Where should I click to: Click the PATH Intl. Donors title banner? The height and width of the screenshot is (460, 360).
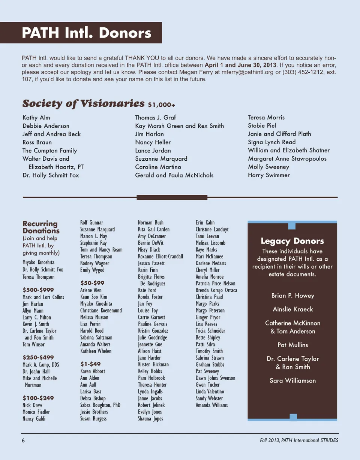[86, 33]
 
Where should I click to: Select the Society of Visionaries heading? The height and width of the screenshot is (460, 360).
[83, 103]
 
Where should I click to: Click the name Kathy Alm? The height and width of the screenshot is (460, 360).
[36, 118]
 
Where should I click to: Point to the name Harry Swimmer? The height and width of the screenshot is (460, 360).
[268, 175]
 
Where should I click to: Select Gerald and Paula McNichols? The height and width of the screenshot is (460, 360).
[174, 175]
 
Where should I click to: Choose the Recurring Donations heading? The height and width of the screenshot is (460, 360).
[40, 227]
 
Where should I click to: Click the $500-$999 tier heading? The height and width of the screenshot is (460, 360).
[38, 290]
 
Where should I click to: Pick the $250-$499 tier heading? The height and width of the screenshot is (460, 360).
[38, 357]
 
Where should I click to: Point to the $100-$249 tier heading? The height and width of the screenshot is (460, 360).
[38, 398]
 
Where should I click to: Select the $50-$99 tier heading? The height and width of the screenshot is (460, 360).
[92, 283]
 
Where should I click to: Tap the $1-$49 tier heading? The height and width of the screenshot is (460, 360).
[90, 364]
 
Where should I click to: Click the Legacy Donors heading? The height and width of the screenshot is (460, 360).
[292, 241]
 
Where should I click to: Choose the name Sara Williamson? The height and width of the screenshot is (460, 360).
[292, 381]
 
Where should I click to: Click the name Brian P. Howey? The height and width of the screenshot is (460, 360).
[292, 296]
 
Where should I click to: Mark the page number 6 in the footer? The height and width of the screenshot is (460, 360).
[23, 440]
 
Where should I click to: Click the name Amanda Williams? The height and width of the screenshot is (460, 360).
[211, 405]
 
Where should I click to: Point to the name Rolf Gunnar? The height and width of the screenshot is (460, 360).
[91, 223]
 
